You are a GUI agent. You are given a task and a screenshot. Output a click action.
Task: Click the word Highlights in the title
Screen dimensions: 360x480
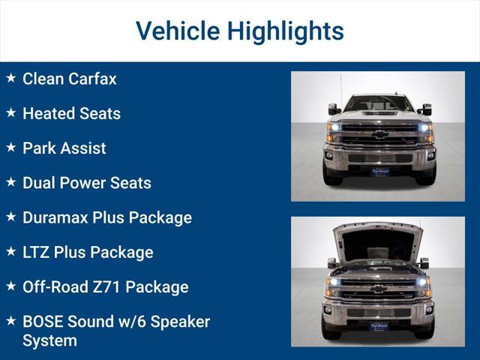tap(286, 31)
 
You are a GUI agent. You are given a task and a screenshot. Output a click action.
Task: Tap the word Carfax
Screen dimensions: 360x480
tap(92, 79)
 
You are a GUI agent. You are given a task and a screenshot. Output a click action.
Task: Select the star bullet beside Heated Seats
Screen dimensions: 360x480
tap(11, 112)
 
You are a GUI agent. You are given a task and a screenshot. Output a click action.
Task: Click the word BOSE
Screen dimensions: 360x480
tap(43, 322)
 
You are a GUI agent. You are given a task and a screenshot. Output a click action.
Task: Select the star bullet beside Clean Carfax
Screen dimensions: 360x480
tap(11, 78)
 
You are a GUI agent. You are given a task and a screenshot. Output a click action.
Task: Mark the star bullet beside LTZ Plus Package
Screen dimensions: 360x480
tap(11, 251)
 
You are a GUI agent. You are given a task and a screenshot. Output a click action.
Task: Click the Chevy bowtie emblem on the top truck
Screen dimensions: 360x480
tap(379, 134)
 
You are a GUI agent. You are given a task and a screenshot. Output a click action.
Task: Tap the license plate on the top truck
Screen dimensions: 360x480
tap(379, 171)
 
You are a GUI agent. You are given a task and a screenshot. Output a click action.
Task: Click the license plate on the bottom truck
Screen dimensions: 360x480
tap(378, 326)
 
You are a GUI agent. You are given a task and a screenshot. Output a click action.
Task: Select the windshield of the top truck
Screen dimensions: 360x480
tap(379, 104)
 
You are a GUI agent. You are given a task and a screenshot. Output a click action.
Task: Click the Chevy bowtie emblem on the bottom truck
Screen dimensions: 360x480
tap(379, 288)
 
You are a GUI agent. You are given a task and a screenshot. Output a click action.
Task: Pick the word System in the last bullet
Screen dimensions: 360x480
tap(49, 340)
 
